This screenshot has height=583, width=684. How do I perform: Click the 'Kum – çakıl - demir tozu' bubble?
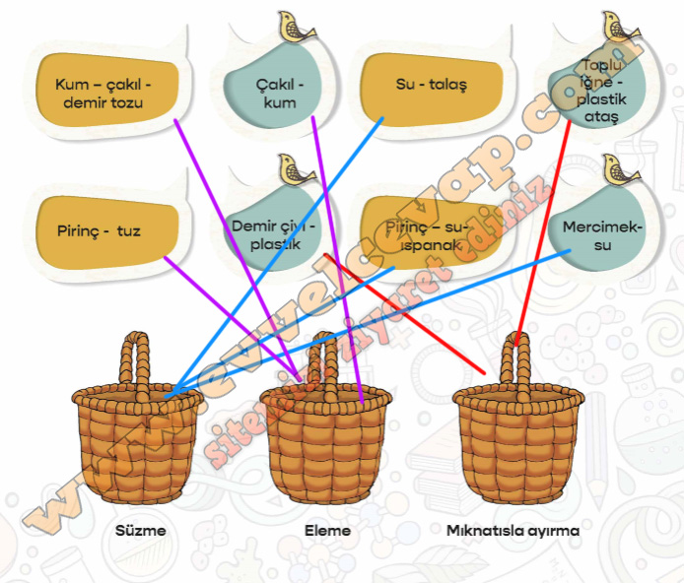[106, 91]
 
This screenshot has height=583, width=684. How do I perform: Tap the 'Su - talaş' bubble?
[431, 87]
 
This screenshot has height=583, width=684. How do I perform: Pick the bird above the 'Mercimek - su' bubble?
[623, 169]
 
